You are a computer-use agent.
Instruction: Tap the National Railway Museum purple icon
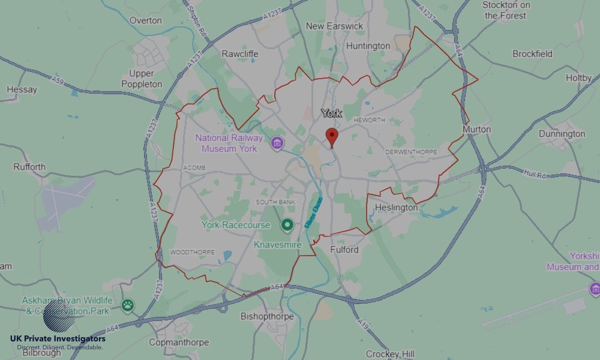coord(277,143)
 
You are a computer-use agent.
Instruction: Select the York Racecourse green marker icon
coord(287,225)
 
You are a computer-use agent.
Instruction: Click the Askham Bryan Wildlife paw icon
coord(127,305)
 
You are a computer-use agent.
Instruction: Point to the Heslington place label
coord(396,208)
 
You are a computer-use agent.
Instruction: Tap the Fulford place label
coord(344,250)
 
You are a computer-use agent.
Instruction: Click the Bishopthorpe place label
coord(267,316)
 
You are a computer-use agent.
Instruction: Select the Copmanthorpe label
coord(179,342)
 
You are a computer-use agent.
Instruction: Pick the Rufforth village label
coord(29,167)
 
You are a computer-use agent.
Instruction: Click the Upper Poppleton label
coord(142,79)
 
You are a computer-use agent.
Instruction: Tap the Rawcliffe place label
coord(240,54)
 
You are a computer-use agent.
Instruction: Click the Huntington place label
coord(368,46)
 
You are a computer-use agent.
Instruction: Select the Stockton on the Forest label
coord(506,10)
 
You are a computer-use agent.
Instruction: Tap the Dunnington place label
coord(562,134)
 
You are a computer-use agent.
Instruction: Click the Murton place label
coord(476,129)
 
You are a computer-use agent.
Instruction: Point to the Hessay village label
coord(22,90)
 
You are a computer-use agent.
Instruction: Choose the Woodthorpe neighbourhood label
coord(192,252)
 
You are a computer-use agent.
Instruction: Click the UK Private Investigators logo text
coord(58,339)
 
